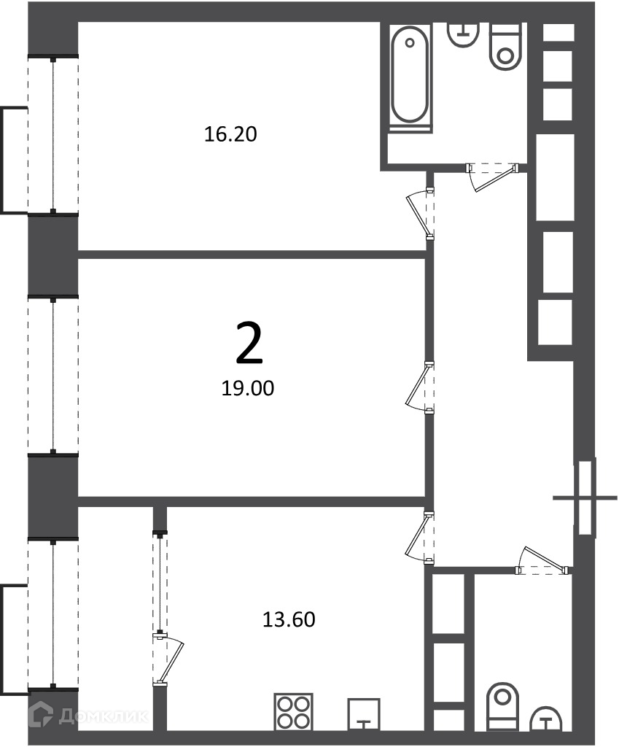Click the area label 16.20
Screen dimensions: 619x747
[230, 134]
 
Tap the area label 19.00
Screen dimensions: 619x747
[248, 388]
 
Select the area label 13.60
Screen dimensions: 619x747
[289, 619]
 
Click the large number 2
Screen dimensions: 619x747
[249, 343]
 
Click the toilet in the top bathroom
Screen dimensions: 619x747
[505, 47]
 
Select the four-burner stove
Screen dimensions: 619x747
[293, 712]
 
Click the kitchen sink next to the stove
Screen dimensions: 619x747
[364, 714]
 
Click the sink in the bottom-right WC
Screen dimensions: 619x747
[546, 719]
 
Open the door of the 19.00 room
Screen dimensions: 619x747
[419, 387]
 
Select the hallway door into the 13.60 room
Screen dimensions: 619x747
[419, 537]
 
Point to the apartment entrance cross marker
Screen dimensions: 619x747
[585, 498]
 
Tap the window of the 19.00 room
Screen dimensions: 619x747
[52, 376]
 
